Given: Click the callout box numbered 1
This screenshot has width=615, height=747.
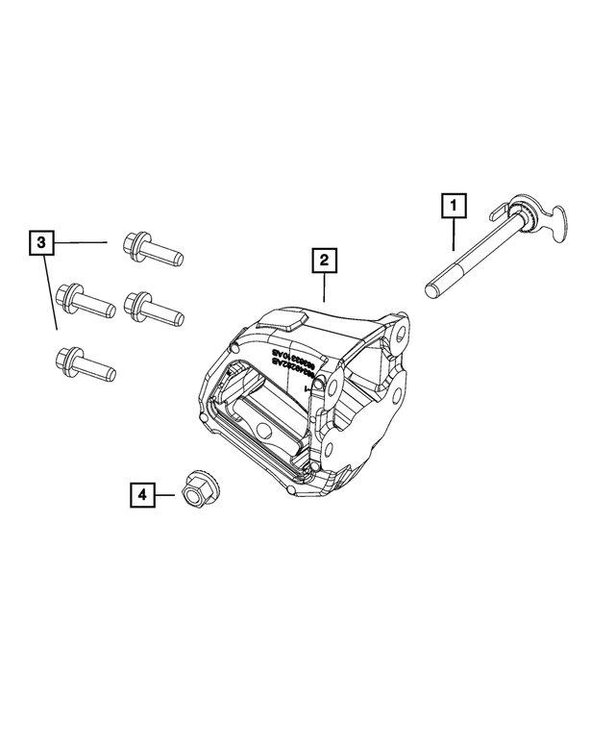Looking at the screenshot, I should [454, 204].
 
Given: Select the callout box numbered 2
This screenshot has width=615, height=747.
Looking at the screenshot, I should [324, 260].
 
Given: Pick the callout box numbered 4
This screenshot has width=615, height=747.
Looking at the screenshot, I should [141, 495].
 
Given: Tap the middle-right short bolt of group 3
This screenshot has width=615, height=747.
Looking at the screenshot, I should [154, 307].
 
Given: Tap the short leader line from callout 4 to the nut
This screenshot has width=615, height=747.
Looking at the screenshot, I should [166, 495].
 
